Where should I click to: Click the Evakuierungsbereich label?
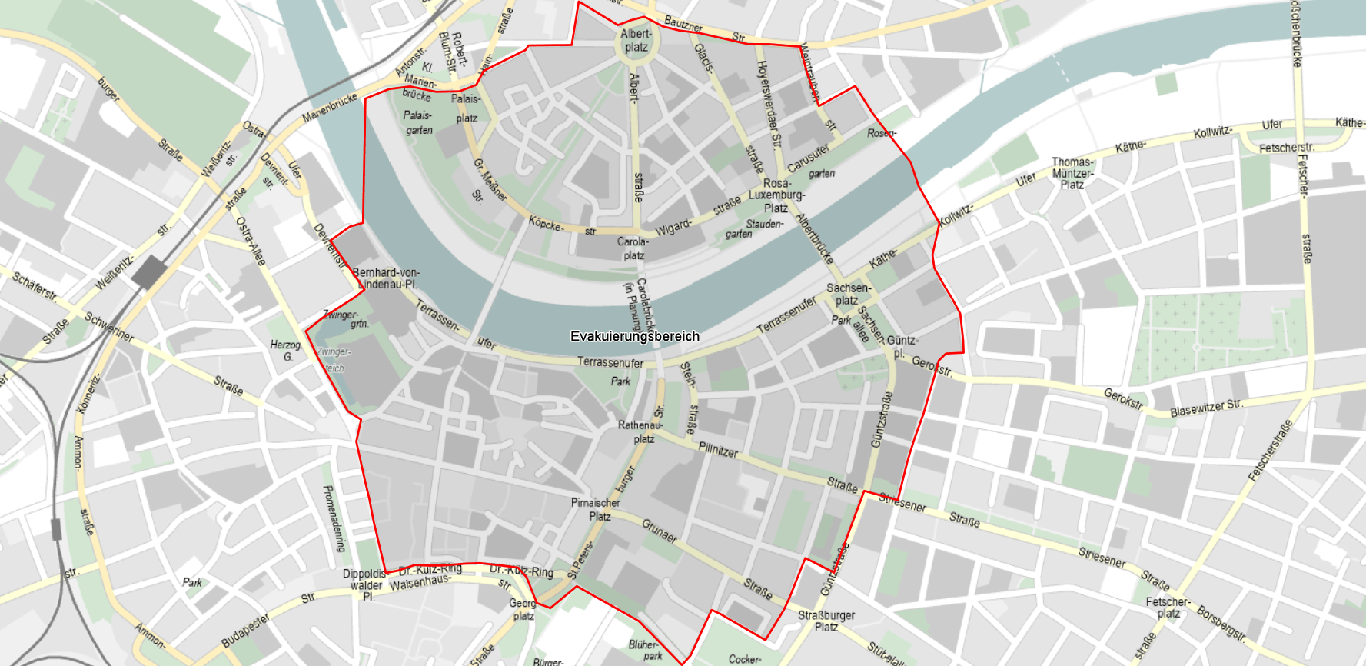[635, 336]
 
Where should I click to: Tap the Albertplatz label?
[636, 40]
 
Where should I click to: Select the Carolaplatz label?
[633, 248]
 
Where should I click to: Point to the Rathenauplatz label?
[640, 431]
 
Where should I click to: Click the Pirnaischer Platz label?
[596, 509]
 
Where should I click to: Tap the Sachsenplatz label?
[848, 294]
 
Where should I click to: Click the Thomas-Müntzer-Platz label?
[1072, 173]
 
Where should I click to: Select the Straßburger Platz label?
[826, 621]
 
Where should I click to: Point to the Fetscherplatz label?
[1168, 607]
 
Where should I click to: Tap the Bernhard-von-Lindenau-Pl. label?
[385, 278]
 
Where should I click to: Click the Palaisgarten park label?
[418, 122]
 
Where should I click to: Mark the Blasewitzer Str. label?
[1205, 408]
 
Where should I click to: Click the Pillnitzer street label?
[718, 449]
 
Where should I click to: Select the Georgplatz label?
[523, 609]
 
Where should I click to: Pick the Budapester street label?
[245, 630]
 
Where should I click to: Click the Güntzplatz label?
[902, 346]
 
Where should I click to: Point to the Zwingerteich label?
[334, 359]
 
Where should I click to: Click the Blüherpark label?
[645, 650]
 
